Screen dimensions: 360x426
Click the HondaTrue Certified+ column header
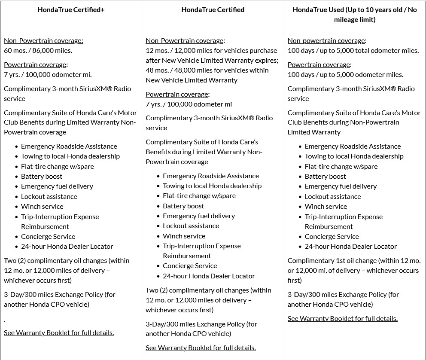71,9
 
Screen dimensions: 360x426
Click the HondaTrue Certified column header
213,9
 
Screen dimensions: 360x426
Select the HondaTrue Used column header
355,14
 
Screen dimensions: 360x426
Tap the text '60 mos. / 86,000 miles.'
38,50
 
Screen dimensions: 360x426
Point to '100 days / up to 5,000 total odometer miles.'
353,50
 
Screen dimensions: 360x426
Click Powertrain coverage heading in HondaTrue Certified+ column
36,64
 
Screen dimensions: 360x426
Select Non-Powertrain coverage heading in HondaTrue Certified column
185,41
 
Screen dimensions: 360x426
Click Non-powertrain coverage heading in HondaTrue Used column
326,41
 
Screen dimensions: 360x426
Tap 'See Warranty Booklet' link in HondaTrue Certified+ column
59,333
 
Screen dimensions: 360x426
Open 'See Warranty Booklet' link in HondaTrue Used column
342,318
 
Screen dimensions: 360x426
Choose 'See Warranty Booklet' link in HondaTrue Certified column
201,348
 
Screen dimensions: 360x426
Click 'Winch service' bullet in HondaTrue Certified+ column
42,206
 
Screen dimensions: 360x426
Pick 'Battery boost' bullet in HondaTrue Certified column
183,206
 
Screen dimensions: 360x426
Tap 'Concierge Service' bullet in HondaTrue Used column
332,236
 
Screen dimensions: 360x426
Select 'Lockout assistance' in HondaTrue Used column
333,196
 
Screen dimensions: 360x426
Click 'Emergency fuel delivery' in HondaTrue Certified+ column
57,186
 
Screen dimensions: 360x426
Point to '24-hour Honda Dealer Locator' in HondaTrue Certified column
209,276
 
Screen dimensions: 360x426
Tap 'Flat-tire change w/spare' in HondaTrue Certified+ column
58,166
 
